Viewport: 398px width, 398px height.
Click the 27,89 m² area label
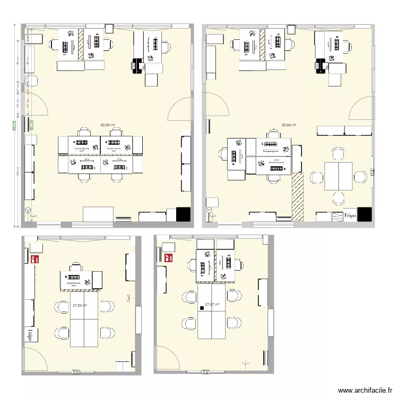tap(80, 306)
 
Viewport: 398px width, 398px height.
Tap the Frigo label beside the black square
tap(349, 216)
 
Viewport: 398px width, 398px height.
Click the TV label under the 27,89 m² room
tap(76, 373)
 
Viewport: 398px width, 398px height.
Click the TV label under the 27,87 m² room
tap(205, 373)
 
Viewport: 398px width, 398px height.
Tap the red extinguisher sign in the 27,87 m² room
tap(170, 258)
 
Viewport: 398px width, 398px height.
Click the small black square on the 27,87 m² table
tap(202, 308)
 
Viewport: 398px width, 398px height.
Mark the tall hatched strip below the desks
tap(298, 197)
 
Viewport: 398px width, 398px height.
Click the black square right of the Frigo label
tap(365, 214)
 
